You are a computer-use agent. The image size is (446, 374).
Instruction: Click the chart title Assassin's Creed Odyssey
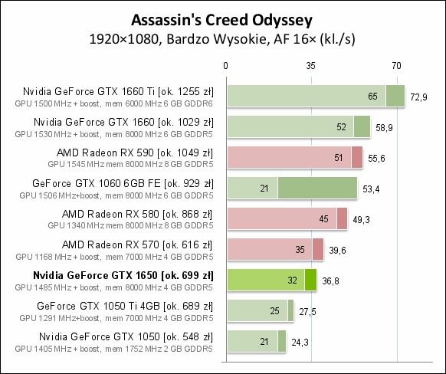pyautogui.click(x=222, y=18)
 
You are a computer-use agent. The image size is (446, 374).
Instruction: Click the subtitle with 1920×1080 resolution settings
pyautogui.click(x=223, y=37)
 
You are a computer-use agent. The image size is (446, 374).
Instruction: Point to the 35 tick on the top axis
pyautogui.click(x=311, y=67)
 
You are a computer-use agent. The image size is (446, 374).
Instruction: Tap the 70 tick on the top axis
pyautogui.click(x=397, y=67)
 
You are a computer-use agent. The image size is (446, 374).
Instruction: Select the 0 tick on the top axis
pyautogui.click(x=225, y=67)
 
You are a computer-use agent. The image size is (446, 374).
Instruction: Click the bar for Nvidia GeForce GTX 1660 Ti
pyautogui.click(x=314, y=96)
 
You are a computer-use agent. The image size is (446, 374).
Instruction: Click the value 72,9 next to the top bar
pyautogui.click(x=419, y=97)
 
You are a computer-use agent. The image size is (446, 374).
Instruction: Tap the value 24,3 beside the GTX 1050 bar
pyautogui.click(x=301, y=342)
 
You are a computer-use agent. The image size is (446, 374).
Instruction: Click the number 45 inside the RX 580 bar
pyautogui.click(x=323, y=219)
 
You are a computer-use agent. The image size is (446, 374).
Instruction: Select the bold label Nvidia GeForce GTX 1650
pyautogui.click(x=123, y=274)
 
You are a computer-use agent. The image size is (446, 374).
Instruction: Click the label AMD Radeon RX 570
pyautogui.click(x=137, y=244)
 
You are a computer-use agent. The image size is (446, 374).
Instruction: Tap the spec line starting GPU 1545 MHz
pyautogui.click(x=130, y=163)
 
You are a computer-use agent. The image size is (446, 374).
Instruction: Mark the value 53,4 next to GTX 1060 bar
pyautogui.click(x=372, y=189)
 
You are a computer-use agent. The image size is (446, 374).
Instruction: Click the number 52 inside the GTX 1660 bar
pyautogui.click(x=340, y=127)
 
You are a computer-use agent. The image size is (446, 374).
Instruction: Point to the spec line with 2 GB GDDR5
pyautogui.click(x=120, y=347)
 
